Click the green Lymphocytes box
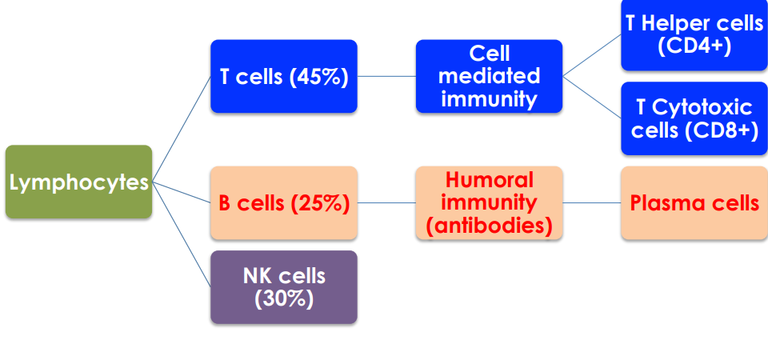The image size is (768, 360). point(78,182)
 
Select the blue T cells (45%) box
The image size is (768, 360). point(284,77)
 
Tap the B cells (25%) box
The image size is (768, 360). point(284,203)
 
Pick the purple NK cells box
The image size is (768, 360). point(284,287)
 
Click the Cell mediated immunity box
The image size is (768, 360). point(490,77)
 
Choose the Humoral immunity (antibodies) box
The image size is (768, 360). point(490,203)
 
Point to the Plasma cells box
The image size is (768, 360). point(694,203)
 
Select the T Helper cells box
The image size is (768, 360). point(694,34)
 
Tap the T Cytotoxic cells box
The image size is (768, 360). point(694,118)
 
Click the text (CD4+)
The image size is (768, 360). point(694,46)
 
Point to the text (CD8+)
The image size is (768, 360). point(694,130)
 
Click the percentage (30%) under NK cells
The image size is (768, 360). point(284,299)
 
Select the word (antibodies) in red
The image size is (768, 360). point(490,226)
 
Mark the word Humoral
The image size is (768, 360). point(490,179)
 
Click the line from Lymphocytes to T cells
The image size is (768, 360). point(182,128)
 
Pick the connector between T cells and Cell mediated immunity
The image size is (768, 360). point(386,77)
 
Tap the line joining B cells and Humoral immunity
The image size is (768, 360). point(386,203)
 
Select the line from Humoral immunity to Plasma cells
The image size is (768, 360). point(592,203)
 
